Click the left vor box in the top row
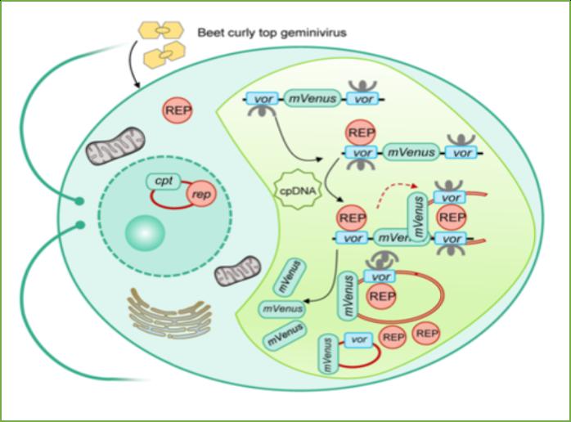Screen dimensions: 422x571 pos(263,99)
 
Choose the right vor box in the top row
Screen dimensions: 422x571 pos(364,99)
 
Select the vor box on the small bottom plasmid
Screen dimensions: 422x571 pos(357,339)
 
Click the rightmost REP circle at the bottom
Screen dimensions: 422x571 pos(427,333)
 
